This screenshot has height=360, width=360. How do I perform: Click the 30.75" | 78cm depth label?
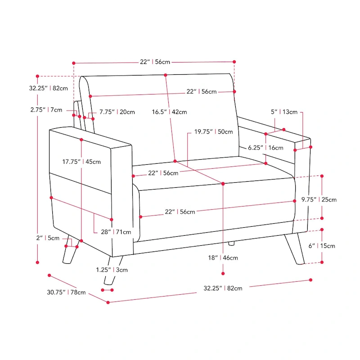(x=66, y=292)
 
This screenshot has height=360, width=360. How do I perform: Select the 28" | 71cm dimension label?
(x=116, y=232)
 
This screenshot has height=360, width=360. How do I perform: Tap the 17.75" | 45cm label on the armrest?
(x=81, y=162)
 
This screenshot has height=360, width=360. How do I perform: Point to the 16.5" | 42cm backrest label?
(x=169, y=112)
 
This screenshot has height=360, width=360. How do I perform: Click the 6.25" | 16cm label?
(x=265, y=148)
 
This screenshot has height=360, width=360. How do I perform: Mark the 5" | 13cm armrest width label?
(x=283, y=112)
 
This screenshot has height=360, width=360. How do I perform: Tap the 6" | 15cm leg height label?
(x=321, y=246)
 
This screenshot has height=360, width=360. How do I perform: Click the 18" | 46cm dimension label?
(x=223, y=258)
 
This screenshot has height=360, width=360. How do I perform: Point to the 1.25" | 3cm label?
(x=112, y=270)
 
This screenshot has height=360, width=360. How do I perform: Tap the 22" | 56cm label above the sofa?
(x=153, y=62)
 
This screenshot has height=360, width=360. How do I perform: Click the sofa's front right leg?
(x=295, y=250)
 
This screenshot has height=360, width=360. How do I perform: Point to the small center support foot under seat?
(x=231, y=243)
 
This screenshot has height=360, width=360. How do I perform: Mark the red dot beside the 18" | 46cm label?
(x=223, y=272)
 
